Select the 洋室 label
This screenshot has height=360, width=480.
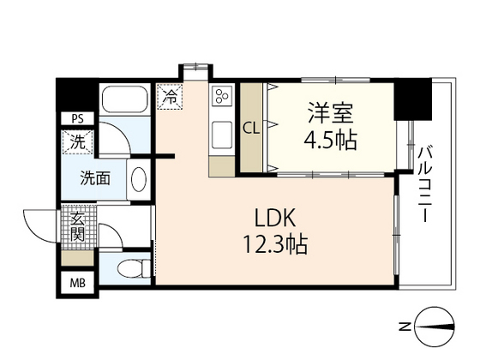(330, 112)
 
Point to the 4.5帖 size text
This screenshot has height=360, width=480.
(330, 138)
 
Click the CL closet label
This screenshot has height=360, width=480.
(251, 129)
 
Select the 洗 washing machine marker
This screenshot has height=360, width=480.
(77, 144)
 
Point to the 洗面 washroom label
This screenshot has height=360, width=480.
(94, 179)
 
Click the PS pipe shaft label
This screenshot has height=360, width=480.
(76, 119)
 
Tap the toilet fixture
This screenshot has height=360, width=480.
(129, 268)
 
